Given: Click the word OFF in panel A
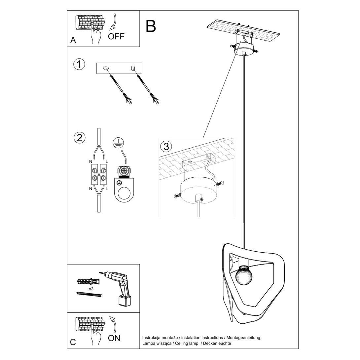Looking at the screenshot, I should pyautogui.click(x=116, y=36).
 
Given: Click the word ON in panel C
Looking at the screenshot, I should pyautogui.click(x=114, y=338).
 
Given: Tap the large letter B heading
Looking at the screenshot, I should pyautogui.click(x=151, y=26).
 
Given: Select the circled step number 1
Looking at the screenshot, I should pyautogui.click(x=79, y=64).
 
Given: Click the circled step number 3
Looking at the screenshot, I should pyautogui.click(x=166, y=146).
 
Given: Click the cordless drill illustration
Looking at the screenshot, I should pyautogui.click(x=120, y=288).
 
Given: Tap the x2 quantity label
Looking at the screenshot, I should pyautogui.click(x=91, y=289).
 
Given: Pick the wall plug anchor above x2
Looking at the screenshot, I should pyautogui.click(x=88, y=282).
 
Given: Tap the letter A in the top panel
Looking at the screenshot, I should pyautogui.click(x=73, y=40).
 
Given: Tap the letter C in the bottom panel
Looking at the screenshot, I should pyautogui.click(x=73, y=342).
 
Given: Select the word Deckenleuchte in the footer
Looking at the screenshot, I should pyautogui.click(x=217, y=343).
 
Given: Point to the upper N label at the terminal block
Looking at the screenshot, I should pyautogui.click(x=90, y=161).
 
